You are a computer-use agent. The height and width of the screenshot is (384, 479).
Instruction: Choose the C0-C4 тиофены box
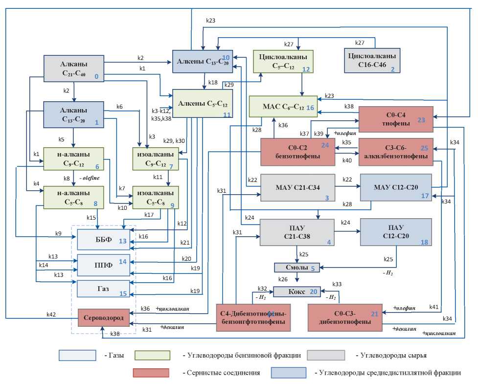pyautogui.click(x=396, y=119)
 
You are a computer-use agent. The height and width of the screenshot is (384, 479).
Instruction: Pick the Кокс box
pyautogui.click(x=297, y=292)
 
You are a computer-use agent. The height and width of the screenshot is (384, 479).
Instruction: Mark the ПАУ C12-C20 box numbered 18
pyautogui.click(x=396, y=232)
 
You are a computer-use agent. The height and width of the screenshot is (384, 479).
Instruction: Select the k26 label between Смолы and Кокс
pyautogui.click(x=283, y=279)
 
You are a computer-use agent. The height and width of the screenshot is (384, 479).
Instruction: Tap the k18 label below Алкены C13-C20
pyautogui.click(x=212, y=82)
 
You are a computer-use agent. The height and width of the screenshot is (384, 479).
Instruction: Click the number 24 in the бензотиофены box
pyautogui.click(x=325, y=145)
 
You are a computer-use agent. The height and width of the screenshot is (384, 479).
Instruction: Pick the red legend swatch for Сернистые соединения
pyautogui.click(x=151, y=373)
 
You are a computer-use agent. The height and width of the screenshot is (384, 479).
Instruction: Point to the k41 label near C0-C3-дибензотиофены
pyautogui.click(x=434, y=307)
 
